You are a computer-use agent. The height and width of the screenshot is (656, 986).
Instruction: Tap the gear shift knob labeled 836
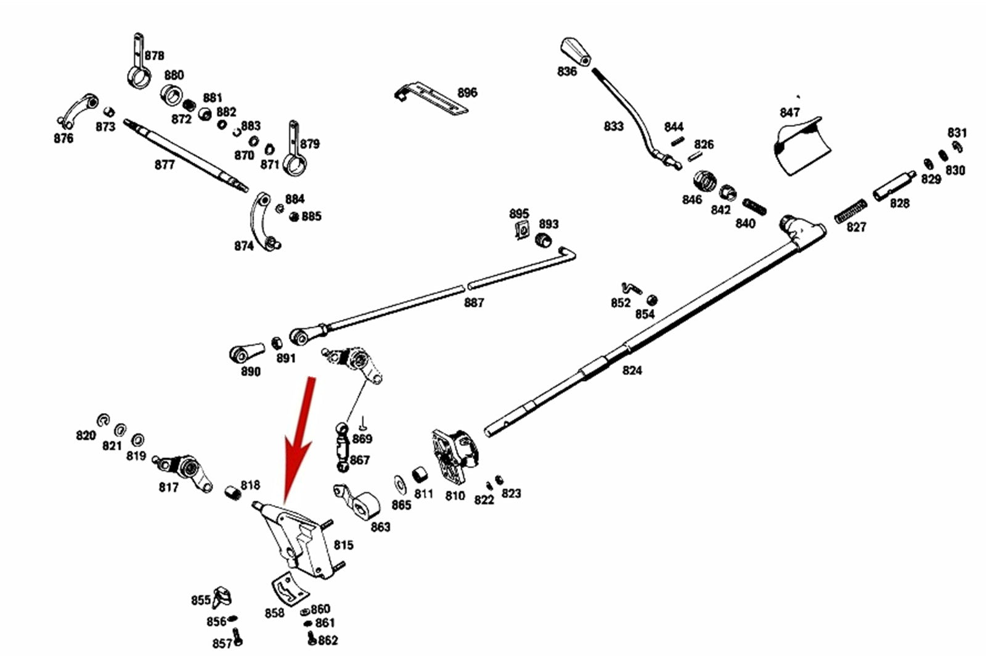click(576, 51)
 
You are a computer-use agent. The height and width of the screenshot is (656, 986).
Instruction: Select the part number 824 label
click(632, 371)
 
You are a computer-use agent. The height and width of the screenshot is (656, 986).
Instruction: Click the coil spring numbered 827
click(850, 211)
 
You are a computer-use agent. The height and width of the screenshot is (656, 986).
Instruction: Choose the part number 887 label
click(474, 303)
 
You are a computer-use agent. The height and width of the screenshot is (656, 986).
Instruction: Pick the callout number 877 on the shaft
click(165, 165)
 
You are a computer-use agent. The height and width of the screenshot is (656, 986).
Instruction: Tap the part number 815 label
click(343, 545)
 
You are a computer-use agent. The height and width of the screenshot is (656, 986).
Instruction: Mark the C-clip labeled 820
click(104, 420)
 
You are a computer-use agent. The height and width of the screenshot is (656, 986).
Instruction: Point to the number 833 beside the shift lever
click(614, 126)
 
